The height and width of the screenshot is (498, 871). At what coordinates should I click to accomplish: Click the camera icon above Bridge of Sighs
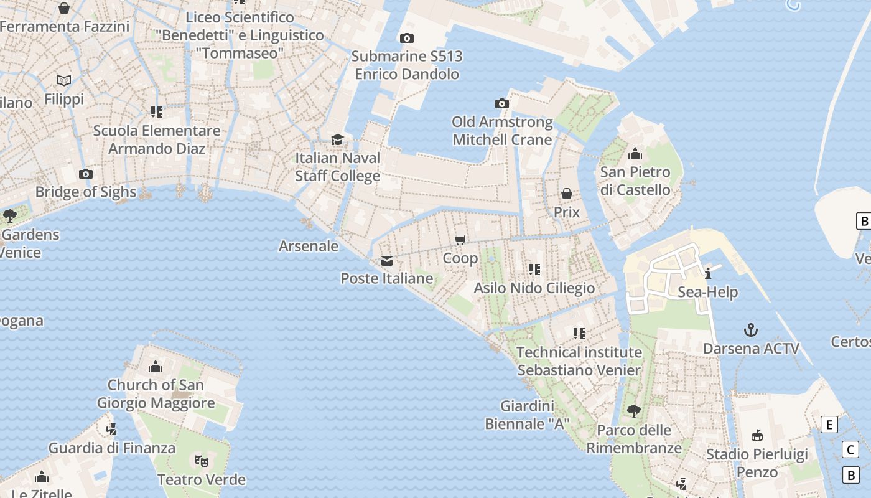86,174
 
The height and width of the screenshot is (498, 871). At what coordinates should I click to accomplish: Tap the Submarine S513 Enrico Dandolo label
407,65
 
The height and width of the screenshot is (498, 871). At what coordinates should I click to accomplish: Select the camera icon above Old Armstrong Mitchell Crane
501,103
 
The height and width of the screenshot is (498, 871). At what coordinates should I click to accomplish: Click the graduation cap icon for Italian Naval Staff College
337,139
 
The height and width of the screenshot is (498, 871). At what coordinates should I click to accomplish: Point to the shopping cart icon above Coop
460,240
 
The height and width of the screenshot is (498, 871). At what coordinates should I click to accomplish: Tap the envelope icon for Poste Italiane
387,260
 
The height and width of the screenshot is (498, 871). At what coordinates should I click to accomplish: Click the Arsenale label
309,246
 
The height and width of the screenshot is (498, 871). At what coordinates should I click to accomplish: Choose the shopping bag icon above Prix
567,194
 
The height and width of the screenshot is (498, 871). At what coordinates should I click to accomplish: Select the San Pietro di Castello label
635,181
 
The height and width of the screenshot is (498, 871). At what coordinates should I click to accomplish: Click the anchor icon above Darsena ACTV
751,329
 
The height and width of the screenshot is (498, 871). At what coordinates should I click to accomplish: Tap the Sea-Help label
707,292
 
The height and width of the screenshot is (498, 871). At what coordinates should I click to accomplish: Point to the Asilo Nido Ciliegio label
534,288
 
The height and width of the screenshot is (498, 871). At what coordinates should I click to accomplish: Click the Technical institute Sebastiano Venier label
579,361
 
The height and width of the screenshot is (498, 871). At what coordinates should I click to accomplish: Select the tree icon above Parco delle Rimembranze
634,411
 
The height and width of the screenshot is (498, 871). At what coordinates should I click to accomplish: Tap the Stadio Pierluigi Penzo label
757,463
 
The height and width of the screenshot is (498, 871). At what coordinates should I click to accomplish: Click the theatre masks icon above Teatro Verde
201,461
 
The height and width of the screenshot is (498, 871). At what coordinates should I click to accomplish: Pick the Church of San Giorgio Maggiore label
156,393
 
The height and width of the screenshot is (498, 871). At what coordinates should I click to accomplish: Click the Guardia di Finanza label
112,448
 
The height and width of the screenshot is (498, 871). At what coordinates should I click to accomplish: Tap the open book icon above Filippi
64,80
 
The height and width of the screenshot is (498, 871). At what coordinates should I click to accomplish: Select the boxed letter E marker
829,425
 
